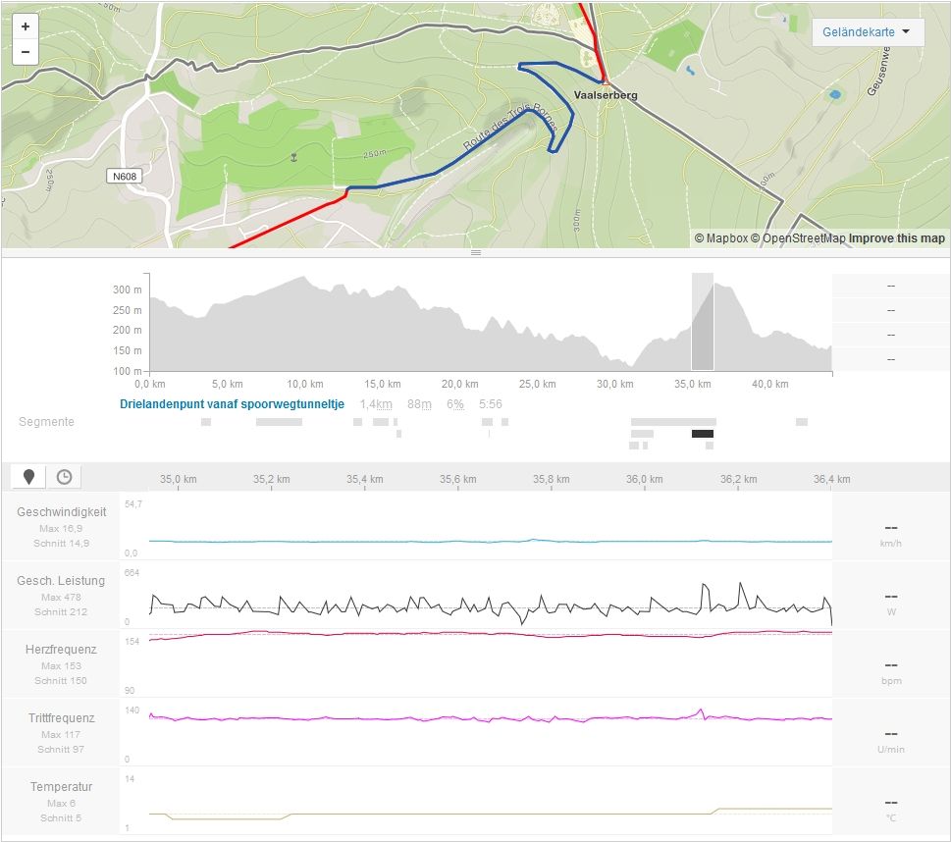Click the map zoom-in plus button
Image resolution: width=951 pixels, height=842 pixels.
tap(26, 26)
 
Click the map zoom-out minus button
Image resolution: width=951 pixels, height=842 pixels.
tap(26, 52)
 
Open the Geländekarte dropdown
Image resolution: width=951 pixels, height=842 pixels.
tap(868, 32)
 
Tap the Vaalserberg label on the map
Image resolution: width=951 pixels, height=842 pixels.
tap(606, 95)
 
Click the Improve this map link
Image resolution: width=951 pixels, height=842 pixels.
tap(896, 238)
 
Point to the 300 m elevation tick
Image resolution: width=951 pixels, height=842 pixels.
tap(127, 289)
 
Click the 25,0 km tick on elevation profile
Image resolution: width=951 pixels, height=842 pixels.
tap(530, 384)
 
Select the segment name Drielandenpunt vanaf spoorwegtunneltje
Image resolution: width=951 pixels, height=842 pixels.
tap(232, 404)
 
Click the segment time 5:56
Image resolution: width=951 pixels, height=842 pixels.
tap(490, 404)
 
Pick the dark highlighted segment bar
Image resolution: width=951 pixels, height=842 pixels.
tap(703, 434)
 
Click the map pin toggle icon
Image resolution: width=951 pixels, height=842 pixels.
tap(29, 477)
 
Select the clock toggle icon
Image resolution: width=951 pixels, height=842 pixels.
tap(64, 477)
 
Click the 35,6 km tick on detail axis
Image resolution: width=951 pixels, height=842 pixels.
tap(457, 479)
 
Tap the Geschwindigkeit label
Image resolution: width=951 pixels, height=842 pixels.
tap(61, 512)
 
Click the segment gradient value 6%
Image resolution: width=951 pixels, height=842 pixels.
tap(455, 404)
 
